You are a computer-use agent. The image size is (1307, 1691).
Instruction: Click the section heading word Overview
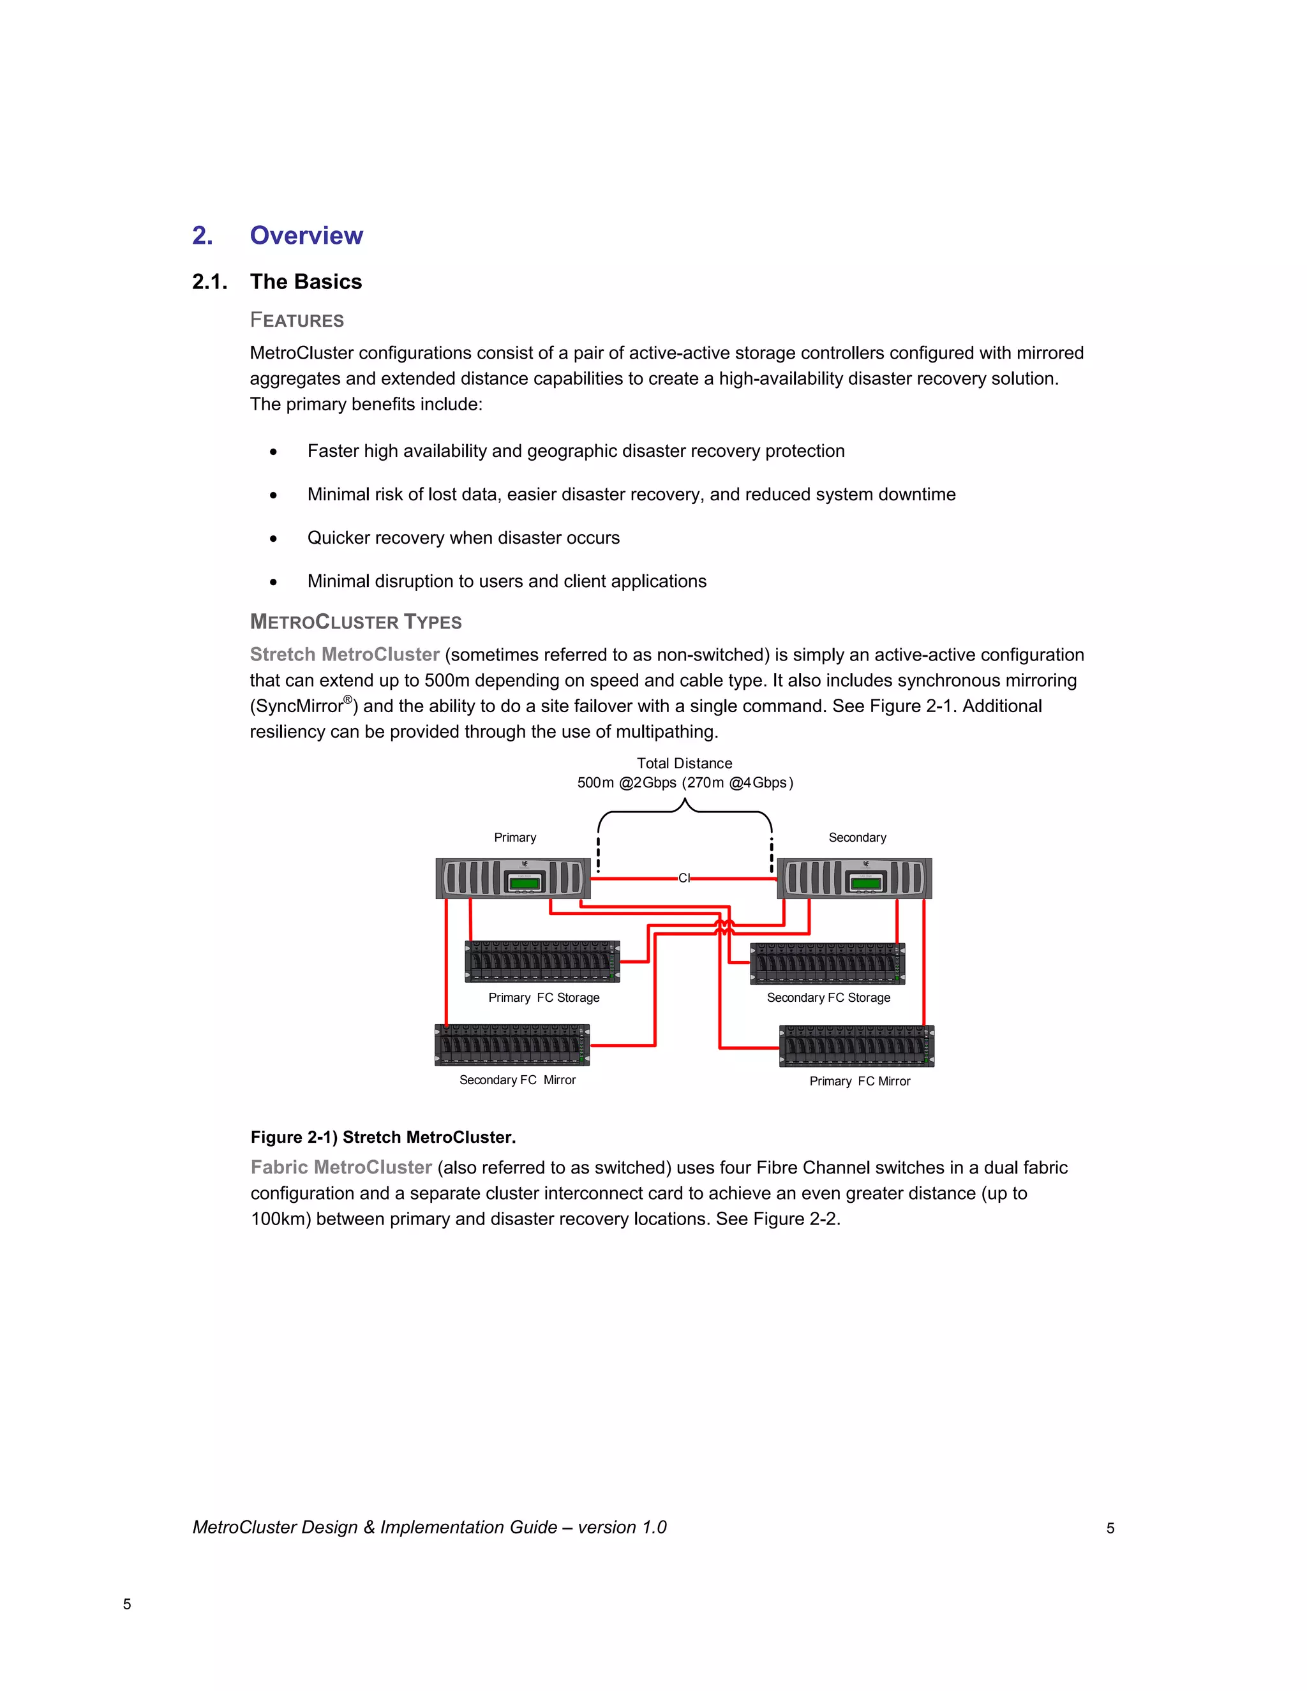306,235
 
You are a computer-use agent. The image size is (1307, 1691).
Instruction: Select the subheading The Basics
306,282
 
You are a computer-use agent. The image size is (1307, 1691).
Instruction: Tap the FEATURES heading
297,320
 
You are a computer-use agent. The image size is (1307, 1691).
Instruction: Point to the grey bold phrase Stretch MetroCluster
345,655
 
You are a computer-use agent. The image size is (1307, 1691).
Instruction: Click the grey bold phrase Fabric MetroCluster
341,1168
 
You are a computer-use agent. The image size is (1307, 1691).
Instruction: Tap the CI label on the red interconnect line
683,878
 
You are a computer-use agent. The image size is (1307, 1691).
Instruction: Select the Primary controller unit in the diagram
512,879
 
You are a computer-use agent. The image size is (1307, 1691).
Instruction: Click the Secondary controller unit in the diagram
854,879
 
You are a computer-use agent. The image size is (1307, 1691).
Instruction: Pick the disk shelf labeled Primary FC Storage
542,962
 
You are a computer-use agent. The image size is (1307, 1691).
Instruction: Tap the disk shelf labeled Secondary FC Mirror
512,1045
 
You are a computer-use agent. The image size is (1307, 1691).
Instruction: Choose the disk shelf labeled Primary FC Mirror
856,1046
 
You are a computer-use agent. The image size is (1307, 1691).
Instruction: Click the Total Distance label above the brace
685,763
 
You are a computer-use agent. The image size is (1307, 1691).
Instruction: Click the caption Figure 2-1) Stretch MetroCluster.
384,1137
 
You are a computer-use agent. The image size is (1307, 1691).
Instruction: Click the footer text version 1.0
622,1528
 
